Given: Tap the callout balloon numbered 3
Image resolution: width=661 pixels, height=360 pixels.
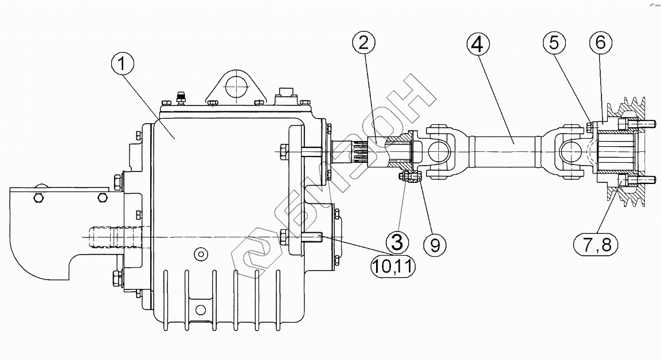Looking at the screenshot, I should (397, 242).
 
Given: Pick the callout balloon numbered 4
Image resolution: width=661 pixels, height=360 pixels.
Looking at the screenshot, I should (479, 43).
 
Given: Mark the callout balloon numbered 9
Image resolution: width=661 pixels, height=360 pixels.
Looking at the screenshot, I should (434, 245).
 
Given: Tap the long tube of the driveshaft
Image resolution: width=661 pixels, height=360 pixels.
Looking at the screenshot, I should (504, 141).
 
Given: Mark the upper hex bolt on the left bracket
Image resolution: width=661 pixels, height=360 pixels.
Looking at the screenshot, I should (38, 198).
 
